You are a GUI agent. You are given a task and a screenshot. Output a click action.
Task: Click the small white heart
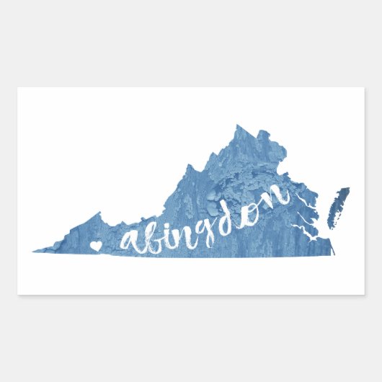(94, 246)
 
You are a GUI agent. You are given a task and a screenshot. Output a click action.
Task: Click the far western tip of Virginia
(35, 251)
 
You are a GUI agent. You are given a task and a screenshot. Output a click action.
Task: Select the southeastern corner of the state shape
(333, 253)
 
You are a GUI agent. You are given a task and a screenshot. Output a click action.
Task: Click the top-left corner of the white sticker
(18, 88)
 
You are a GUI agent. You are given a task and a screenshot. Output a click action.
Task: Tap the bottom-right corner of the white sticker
(364, 294)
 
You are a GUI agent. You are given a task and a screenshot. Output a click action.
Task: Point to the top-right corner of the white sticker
(364, 88)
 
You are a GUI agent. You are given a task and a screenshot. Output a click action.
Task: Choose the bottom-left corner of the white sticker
(18, 294)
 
